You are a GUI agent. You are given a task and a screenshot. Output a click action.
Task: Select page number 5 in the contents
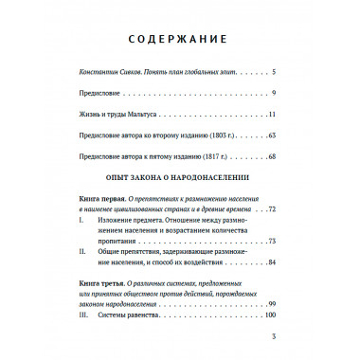tap(272, 72)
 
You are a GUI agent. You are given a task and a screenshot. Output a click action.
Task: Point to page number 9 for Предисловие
tap(272, 93)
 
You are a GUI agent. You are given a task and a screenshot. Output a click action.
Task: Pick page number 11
tap(270, 115)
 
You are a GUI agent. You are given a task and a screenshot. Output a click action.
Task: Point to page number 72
tap(270, 207)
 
